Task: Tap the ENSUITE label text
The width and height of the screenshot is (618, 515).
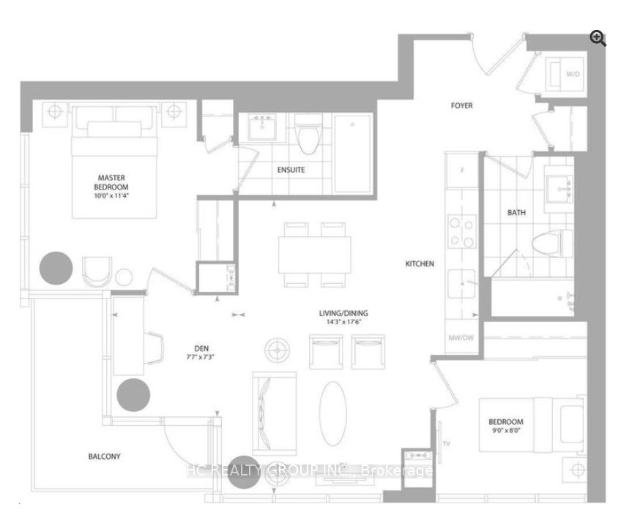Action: click(291, 170)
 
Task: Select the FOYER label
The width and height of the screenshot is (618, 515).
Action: click(461, 106)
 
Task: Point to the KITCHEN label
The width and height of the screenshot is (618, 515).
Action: click(421, 263)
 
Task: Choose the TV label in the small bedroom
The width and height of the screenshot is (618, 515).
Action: click(447, 443)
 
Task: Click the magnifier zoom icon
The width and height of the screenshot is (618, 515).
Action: click(598, 39)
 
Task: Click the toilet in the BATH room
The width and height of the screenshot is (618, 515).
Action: click(554, 241)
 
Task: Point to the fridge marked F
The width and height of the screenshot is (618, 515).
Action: click(462, 170)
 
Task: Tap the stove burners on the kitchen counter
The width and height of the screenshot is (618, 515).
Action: click(462, 231)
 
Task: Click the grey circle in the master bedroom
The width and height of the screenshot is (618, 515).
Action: click(56, 268)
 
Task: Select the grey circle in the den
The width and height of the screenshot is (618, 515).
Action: click(133, 395)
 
